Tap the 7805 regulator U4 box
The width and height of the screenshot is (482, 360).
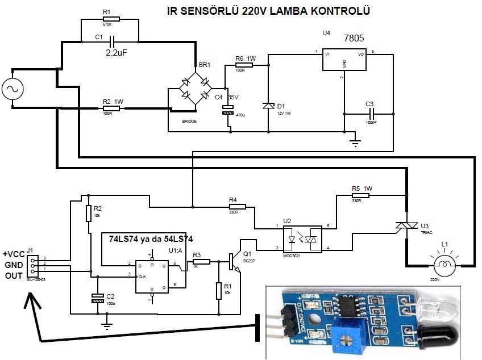point(344,60)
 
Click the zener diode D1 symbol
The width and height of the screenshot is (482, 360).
point(268,106)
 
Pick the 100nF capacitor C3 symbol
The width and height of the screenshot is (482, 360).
point(369,113)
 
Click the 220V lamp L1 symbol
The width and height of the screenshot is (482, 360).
point(446,265)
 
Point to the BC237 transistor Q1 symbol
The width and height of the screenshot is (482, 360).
point(234,261)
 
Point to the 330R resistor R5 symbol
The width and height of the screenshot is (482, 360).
point(360,195)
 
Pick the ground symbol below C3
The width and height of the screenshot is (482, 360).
point(355,141)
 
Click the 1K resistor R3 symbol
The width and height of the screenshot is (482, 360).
point(201,262)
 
